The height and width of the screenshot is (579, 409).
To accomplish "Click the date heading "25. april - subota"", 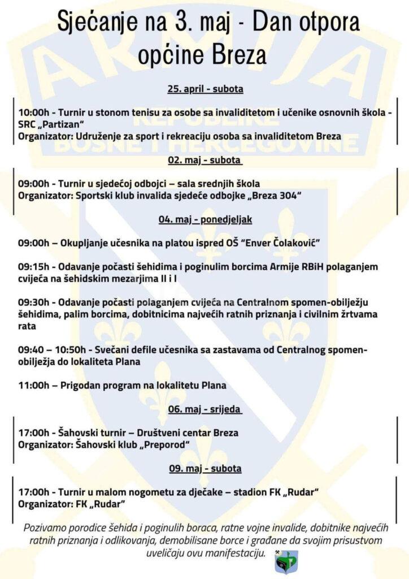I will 204,89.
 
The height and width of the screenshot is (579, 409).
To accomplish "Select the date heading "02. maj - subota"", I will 204,160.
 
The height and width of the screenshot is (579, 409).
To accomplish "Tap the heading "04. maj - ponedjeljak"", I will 204,219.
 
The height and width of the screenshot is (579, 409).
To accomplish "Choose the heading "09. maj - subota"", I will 204,468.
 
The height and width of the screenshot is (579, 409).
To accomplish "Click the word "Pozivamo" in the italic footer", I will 46,528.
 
